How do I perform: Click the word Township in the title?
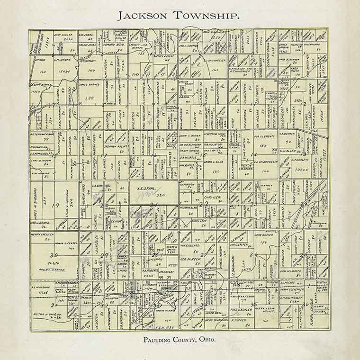pos(208,15)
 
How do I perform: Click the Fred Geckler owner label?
pos(241,310)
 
